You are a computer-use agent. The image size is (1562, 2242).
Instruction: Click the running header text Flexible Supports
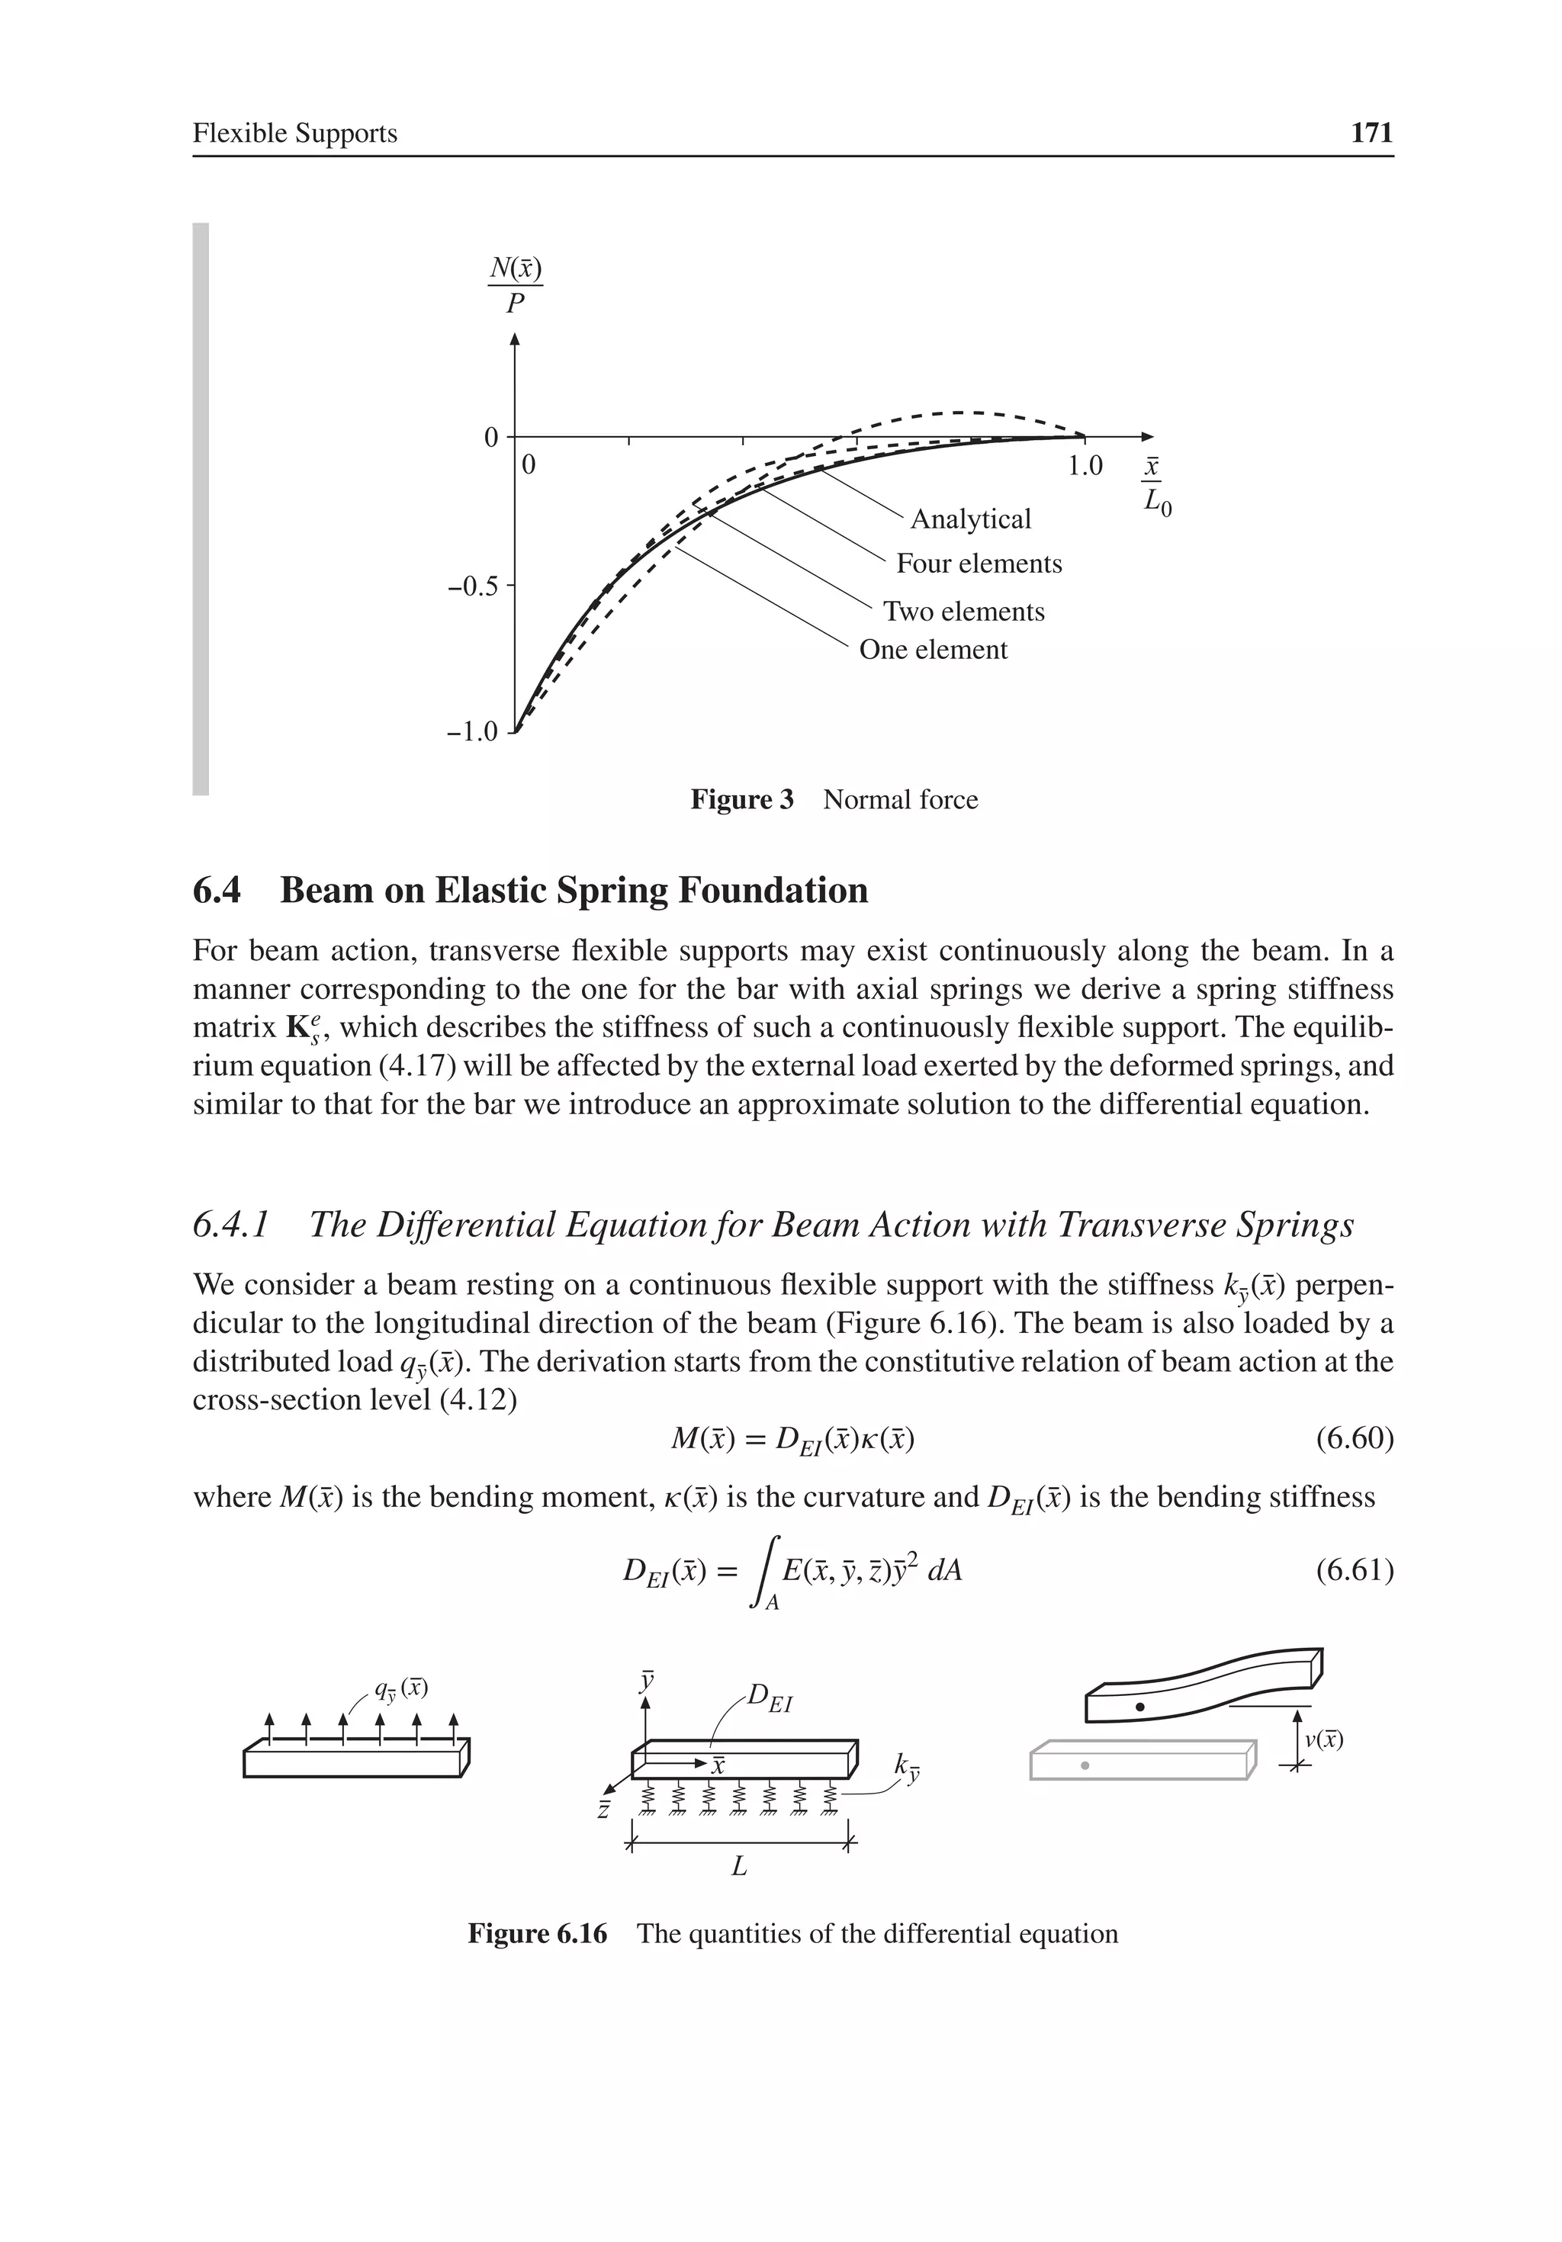click(295, 133)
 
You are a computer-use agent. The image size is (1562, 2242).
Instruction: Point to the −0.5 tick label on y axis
click(472, 587)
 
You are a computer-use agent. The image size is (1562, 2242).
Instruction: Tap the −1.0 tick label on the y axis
click(472, 731)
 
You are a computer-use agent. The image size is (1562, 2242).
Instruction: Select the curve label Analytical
click(970, 519)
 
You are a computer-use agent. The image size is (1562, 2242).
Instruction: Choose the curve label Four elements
click(979, 564)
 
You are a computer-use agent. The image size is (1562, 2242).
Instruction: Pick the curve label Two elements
click(963, 612)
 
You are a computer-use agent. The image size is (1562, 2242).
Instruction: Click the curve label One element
click(933, 650)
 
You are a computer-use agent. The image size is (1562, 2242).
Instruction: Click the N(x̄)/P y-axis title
click(515, 285)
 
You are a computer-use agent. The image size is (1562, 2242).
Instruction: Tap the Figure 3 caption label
click(742, 800)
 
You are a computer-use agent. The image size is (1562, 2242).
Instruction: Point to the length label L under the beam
click(740, 1867)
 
